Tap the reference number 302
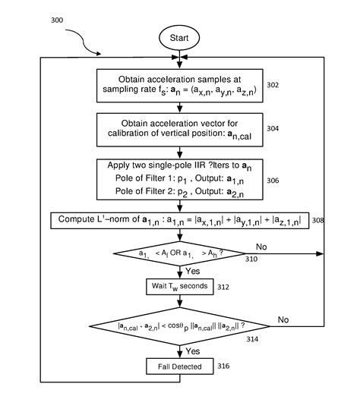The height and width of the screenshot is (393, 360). click(273, 85)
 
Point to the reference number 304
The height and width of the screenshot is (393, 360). click(273, 129)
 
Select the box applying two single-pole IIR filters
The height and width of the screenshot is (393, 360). click(179, 180)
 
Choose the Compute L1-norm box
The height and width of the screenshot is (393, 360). click(179, 221)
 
